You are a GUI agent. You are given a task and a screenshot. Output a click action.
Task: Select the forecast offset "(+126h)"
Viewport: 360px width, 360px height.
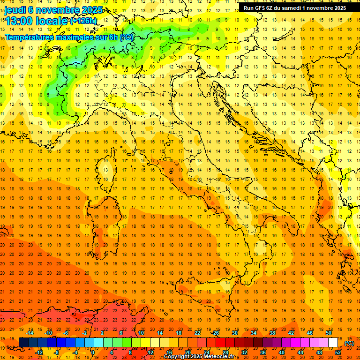83,21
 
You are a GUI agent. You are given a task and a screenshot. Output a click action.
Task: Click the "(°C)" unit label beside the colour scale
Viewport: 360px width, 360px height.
349,343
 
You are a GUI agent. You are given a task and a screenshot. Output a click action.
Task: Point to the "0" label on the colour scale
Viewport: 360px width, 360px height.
93,352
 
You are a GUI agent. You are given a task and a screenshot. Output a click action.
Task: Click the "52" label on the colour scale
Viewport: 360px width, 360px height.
338,352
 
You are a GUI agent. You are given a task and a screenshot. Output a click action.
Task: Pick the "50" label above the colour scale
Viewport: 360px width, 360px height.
329,333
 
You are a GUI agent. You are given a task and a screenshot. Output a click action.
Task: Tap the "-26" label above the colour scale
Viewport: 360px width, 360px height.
215,333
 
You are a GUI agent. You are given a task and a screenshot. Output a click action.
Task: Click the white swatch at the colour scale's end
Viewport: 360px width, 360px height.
333,343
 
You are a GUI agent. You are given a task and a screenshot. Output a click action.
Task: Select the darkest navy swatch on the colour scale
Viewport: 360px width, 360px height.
23,343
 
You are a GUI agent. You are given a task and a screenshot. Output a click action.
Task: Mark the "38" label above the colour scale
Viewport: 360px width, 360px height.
272,333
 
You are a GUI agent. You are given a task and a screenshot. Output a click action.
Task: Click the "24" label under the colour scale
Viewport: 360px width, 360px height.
206,352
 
